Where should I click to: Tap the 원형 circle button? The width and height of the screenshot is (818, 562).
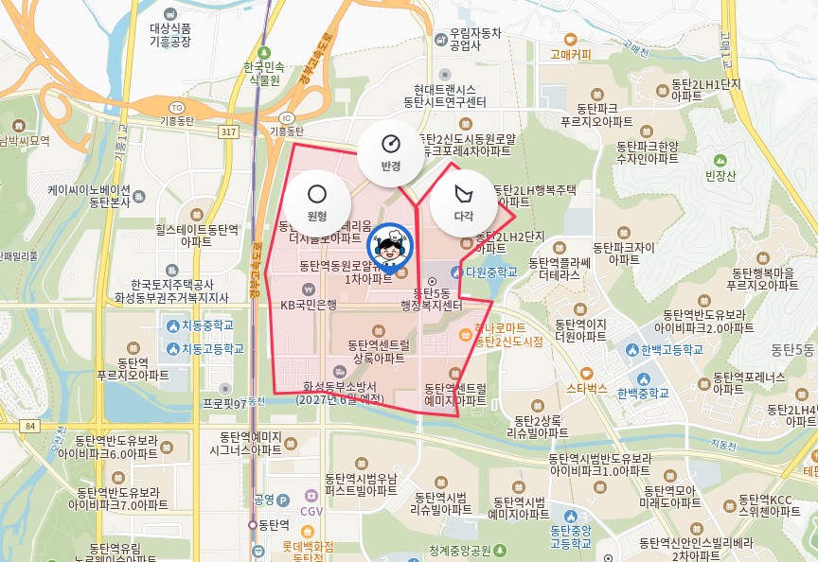(x=317, y=202)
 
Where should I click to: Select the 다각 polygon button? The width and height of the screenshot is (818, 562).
(x=463, y=202)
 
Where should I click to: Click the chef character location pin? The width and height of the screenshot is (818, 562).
(x=391, y=247)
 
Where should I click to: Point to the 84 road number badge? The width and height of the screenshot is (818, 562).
(x=31, y=427)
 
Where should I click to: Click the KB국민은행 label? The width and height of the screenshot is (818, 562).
(x=309, y=304)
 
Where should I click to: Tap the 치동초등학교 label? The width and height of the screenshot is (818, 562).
(x=207, y=325)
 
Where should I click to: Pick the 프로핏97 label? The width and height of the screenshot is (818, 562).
(x=223, y=402)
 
